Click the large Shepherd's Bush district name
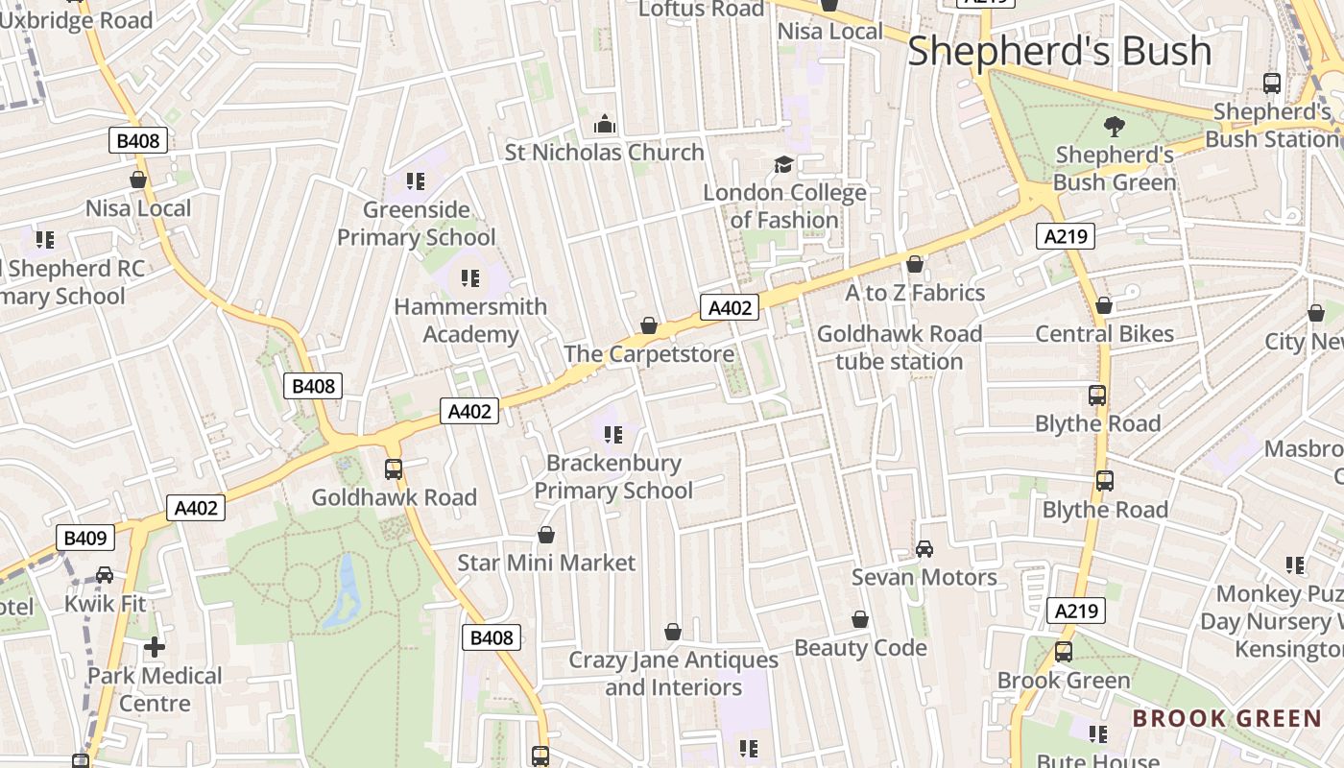tap(1059, 51)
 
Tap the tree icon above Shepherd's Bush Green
tap(1114, 126)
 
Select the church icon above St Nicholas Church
tap(604, 124)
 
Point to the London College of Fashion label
tap(784, 206)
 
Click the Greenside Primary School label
tap(416, 224)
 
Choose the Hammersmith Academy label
tap(470, 321)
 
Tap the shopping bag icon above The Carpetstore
tap(649, 326)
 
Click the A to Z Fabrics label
tap(915, 293)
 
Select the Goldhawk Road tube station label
tap(900, 348)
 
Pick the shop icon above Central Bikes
tap(1104, 305)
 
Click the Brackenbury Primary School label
tap(613, 476)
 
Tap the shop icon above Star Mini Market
tap(546, 535)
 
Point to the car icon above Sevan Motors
tap(924, 549)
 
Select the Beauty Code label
tap(860, 648)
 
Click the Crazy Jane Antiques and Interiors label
tap(673, 674)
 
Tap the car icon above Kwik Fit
tap(105, 575)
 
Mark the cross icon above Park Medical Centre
tap(155, 647)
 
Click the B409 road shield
tap(85, 538)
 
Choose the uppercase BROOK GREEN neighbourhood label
tap(1227, 719)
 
